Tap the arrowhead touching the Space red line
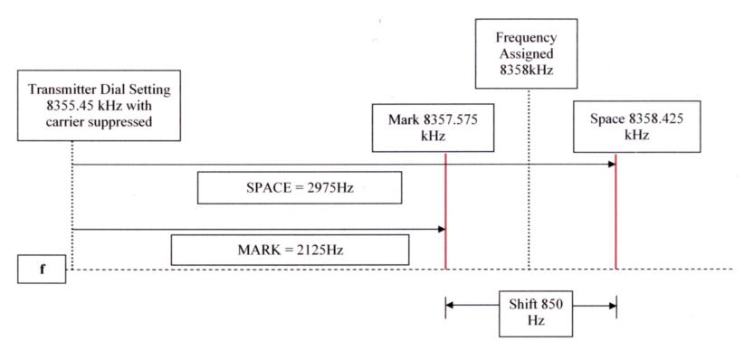612,164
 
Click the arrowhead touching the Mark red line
442,229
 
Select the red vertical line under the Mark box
445,211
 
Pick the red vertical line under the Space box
615,211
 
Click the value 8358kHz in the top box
526,70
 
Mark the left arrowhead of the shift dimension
450,305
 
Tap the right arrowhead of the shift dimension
612,305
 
